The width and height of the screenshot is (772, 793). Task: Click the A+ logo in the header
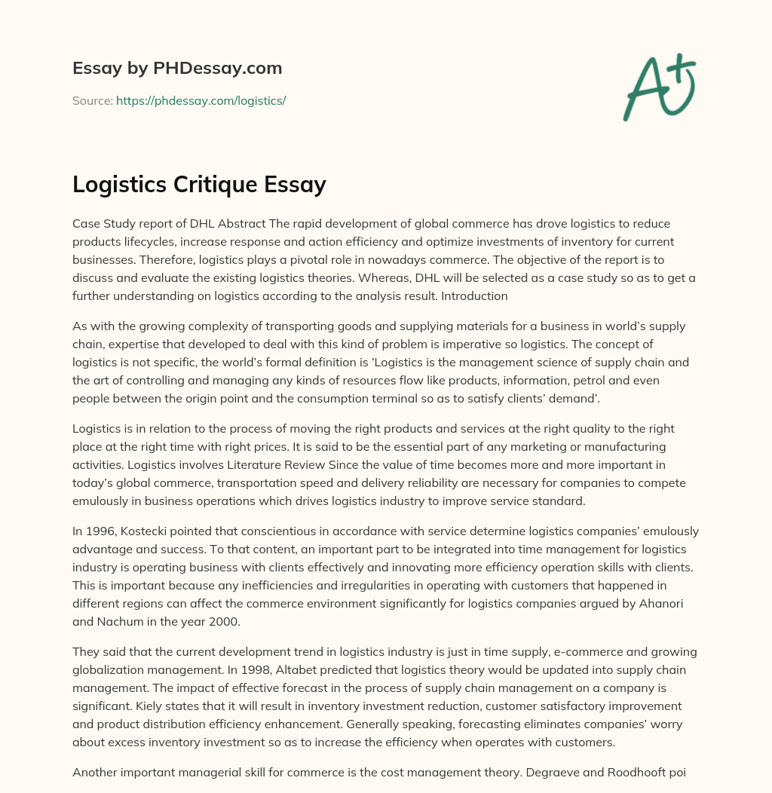coord(659,88)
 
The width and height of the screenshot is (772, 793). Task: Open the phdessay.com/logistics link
coord(201,100)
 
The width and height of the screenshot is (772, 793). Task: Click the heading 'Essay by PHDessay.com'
coord(177,69)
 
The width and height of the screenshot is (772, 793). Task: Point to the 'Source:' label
coord(92,100)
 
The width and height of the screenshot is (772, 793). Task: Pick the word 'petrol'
coord(542,381)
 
